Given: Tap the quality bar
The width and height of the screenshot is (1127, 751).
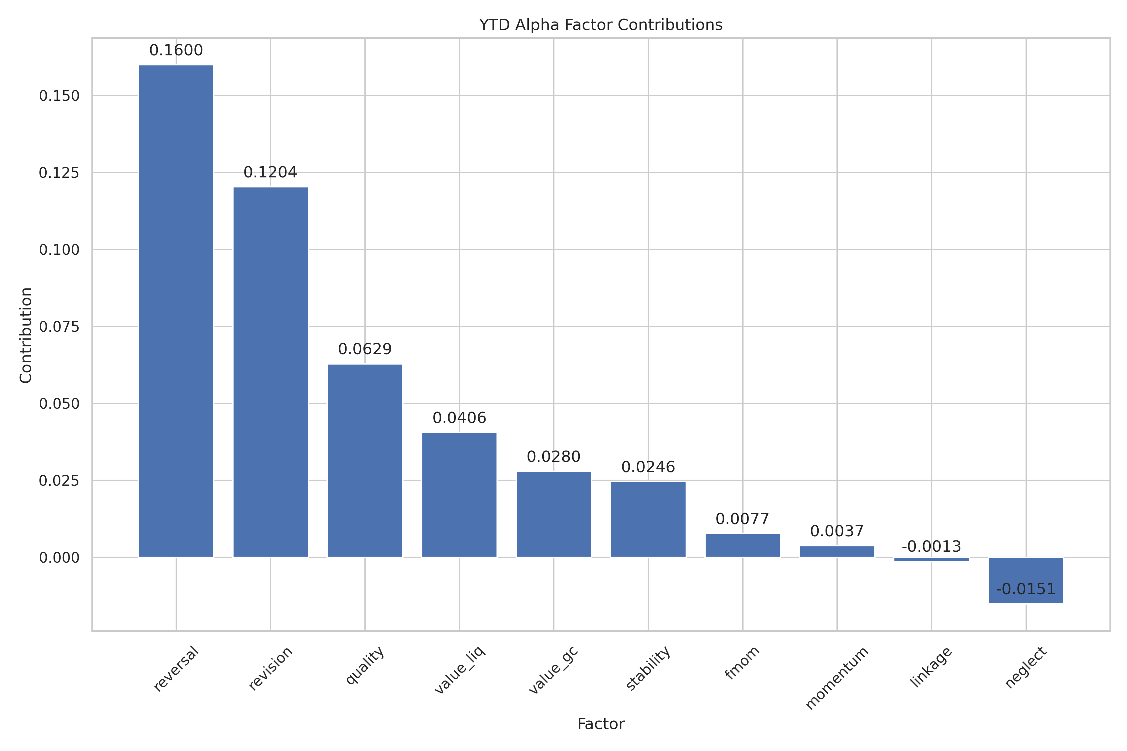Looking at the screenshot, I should pyautogui.click(x=365, y=460).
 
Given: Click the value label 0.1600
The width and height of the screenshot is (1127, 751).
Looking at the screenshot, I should pyautogui.click(x=176, y=50).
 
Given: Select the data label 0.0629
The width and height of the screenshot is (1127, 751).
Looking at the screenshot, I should pyautogui.click(x=365, y=349).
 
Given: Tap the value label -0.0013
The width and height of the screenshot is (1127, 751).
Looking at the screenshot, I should pyautogui.click(x=931, y=546).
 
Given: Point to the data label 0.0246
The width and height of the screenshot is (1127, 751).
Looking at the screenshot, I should pyautogui.click(x=648, y=467).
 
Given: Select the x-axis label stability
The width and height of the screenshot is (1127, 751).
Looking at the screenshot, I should pyautogui.click(x=648, y=669).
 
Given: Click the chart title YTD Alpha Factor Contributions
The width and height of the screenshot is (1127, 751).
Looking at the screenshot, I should pyautogui.click(x=601, y=25).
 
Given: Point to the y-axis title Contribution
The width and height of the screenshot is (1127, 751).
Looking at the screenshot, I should pyautogui.click(x=26, y=335).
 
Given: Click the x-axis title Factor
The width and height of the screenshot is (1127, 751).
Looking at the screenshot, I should pyautogui.click(x=601, y=724).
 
